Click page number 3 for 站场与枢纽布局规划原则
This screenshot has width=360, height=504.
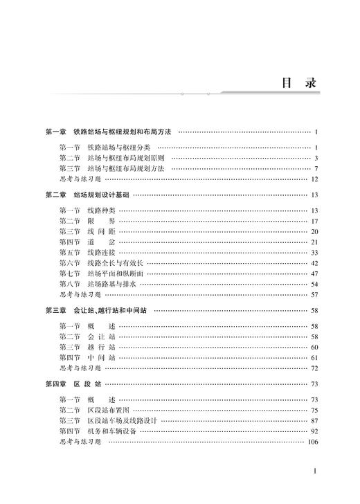[315, 158]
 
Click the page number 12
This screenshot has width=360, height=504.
[314, 179]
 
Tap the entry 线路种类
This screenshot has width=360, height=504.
[102, 210]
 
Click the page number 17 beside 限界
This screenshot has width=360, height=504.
[314, 222]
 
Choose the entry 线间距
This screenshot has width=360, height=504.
[102, 232]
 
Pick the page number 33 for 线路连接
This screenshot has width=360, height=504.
[314, 253]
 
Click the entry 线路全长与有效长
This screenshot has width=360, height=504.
[116, 263]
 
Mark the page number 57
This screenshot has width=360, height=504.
[314, 295]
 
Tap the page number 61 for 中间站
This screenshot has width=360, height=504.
[314, 357]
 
